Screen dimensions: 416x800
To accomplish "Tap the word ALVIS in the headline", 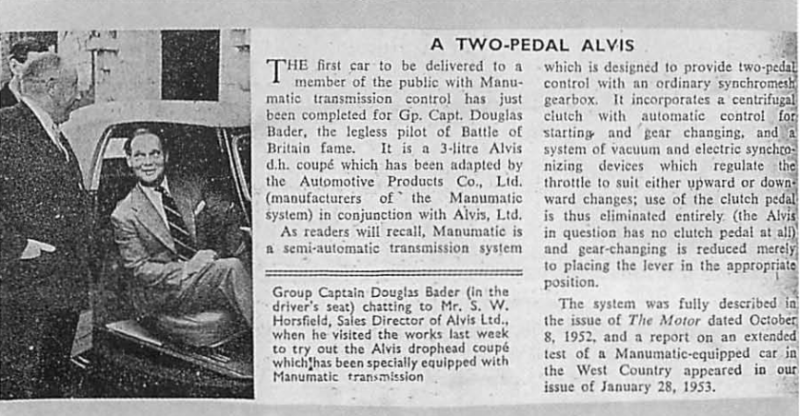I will [x=606, y=44].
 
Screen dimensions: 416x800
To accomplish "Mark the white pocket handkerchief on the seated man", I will [x=198, y=208].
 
